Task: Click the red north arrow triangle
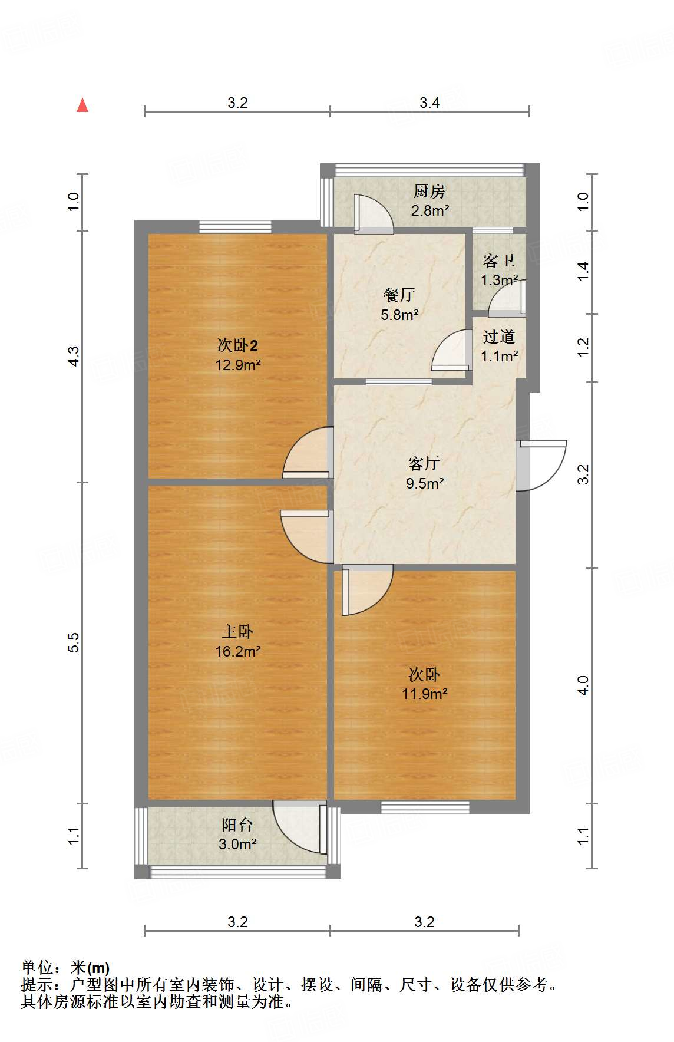pyautogui.click(x=82, y=105)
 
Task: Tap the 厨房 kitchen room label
pyautogui.click(x=429, y=191)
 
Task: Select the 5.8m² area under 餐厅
pyautogui.click(x=399, y=315)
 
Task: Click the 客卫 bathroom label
pyautogui.click(x=499, y=260)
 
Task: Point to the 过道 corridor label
pyautogui.click(x=499, y=337)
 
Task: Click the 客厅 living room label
pyautogui.click(x=424, y=463)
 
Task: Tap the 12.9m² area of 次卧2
pyautogui.click(x=237, y=365)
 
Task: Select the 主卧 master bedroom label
pyautogui.click(x=237, y=632)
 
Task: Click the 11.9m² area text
pyautogui.click(x=424, y=694)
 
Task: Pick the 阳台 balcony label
pyautogui.click(x=237, y=825)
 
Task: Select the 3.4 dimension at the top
pyautogui.click(x=429, y=103)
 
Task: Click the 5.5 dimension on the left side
pyautogui.click(x=73, y=642)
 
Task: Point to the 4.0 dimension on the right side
pyautogui.click(x=583, y=685)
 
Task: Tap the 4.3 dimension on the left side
pyautogui.click(x=73, y=356)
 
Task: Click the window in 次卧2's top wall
pyautogui.click(x=235, y=226)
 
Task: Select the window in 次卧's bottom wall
pyautogui.click(x=425, y=807)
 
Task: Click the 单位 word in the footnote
pyautogui.click(x=37, y=968)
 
